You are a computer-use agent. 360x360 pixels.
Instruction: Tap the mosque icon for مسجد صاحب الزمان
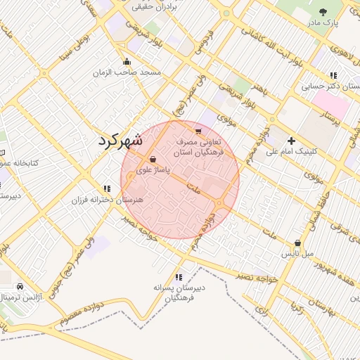127,61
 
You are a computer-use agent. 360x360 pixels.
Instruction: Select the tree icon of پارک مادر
323,12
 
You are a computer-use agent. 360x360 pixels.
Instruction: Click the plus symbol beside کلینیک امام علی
291,141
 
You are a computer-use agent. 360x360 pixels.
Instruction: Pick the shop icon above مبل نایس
297,243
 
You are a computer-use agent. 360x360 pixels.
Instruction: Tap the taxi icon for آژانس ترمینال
20,287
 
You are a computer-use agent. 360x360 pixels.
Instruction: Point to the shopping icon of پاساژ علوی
153,160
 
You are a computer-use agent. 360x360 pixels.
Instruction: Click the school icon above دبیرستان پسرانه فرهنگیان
179,277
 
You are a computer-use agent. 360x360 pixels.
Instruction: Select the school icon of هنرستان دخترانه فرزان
107,188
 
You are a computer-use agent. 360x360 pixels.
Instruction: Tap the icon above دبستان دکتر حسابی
333,75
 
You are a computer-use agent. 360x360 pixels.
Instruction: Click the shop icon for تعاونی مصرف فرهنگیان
198,131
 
